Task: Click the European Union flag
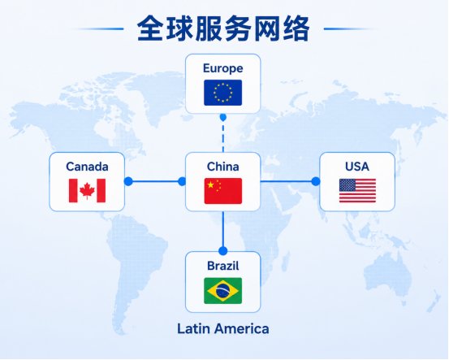click(x=222, y=93)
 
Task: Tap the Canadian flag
click(x=87, y=191)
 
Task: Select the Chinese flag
click(x=223, y=191)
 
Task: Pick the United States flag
click(x=357, y=191)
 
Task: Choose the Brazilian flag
click(x=222, y=291)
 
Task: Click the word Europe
click(x=223, y=69)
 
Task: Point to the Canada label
click(x=87, y=167)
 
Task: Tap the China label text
click(x=223, y=167)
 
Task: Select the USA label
click(x=357, y=167)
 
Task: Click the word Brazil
click(x=223, y=266)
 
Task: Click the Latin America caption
click(x=223, y=328)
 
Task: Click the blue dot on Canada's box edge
click(x=128, y=181)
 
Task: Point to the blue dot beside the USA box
click(x=316, y=181)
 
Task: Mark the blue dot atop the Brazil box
click(x=223, y=251)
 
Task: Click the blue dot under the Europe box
click(x=223, y=117)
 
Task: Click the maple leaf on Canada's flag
click(x=87, y=190)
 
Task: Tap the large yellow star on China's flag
click(x=211, y=184)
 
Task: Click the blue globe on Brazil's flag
click(x=222, y=291)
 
